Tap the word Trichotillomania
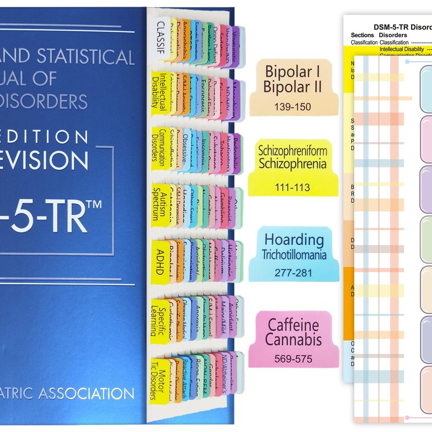pos(293,254)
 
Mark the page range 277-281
pos(293,272)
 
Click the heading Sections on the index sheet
pos(363,35)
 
